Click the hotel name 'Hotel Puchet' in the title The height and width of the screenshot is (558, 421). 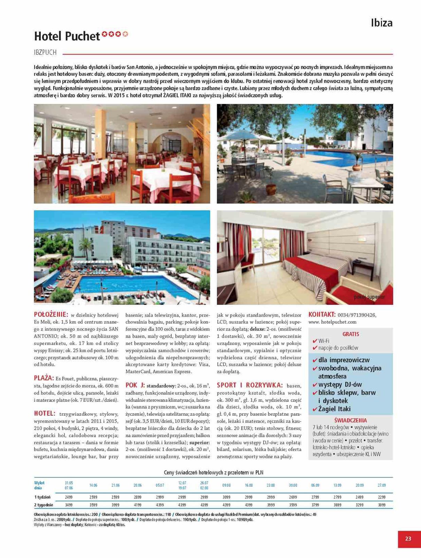click(x=67, y=36)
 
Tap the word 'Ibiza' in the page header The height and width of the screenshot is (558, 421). click(x=382, y=23)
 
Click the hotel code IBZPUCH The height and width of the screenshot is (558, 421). click(x=45, y=53)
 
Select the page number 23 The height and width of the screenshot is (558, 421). click(x=408, y=538)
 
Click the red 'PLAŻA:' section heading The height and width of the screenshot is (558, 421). click(x=44, y=378)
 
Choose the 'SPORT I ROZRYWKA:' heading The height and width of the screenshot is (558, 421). click(x=250, y=385)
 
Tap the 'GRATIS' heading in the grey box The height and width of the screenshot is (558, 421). click(x=351, y=334)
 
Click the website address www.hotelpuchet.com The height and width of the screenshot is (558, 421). click(x=332, y=322)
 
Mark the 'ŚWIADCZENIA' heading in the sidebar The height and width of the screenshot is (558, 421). click(x=350, y=420)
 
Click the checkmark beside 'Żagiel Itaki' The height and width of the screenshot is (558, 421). click(x=315, y=409)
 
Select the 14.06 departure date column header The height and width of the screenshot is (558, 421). click(x=93, y=485)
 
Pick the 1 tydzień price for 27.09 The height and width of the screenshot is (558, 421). click(x=382, y=497)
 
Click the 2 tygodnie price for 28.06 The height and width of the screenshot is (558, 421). click(x=138, y=505)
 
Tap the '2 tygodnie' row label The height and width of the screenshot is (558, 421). click(x=44, y=505)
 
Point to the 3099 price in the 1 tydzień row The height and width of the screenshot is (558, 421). click(x=226, y=497)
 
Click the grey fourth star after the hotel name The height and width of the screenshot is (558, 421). click(x=125, y=34)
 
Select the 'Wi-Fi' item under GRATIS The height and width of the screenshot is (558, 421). click(x=324, y=341)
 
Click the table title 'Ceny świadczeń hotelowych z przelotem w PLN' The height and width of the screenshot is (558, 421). click(x=213, y=473)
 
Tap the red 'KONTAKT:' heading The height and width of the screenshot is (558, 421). click(x=322, y=315)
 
